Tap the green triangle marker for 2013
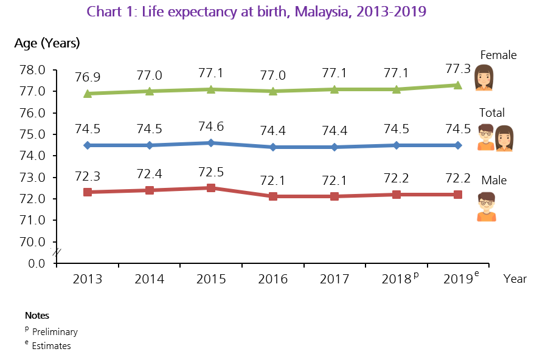[x=88, y=93]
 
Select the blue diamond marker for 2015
[x=211, y=143]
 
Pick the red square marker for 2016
[x=273, y=196]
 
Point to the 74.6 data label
[x=211, y=126]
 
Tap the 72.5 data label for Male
[x=211, y=172]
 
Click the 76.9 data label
[x=88, y=77]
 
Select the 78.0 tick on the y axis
[x=33, y=70]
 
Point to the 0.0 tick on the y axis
[x=36, y=263]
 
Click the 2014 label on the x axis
[x=149, y=279]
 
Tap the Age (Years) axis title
[x=47, y=44]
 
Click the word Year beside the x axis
[x=515, y=279]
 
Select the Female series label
[x=498, y=55]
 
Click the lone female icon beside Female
[x=484, y=77]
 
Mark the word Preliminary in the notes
[x=55, y=332]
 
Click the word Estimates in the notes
[x=51, y=346]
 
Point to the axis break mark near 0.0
[x=56, y=251]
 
